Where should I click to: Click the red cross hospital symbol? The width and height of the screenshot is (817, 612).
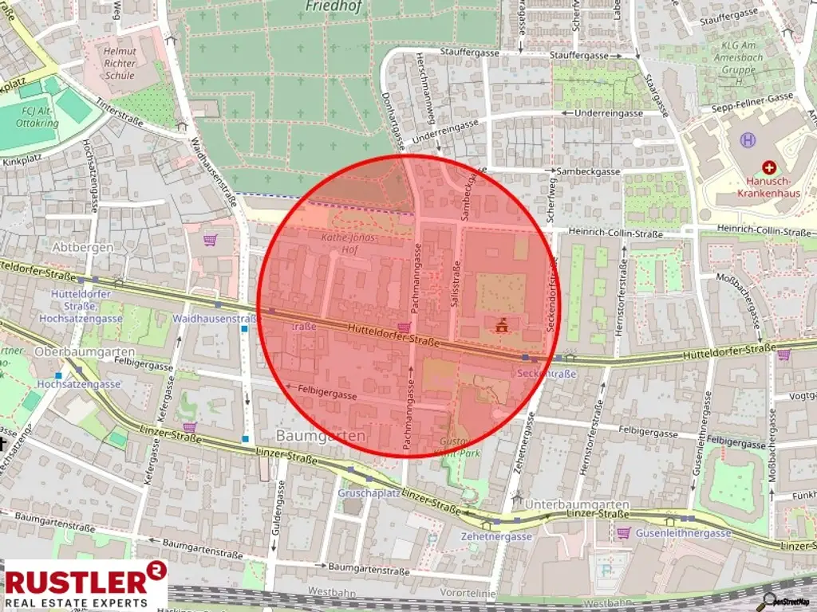point(768,167)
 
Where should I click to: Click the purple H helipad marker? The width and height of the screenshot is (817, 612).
point(748,140)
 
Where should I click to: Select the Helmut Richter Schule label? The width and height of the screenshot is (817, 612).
point(120,63)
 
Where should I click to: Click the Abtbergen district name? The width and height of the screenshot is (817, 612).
point(82,247)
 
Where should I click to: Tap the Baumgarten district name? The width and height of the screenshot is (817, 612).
point(320,436)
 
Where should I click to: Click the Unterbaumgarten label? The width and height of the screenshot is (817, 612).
point(577,505)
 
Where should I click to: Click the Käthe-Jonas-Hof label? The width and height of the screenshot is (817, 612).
point(348,243)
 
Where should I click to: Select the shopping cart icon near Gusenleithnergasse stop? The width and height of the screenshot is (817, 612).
point(623,532)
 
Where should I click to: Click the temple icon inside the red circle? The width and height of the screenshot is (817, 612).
point(502,324)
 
